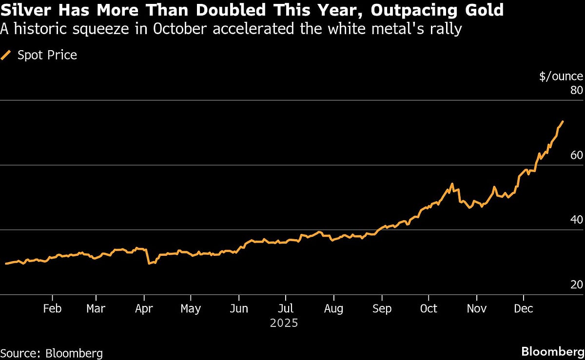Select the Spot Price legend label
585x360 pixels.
(47, 55)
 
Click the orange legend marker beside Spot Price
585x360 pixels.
(6, 55)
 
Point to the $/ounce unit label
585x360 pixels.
(561, 76)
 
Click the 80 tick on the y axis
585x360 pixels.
(576, 91)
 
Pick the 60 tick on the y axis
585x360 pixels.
(576, 155)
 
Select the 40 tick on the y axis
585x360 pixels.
(576, 220)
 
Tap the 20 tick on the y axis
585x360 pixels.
(576, 285)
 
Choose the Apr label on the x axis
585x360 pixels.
(144, 309)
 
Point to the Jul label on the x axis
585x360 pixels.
(286, 309)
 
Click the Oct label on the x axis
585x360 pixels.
(429, 309)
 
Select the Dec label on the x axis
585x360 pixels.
(524, 309)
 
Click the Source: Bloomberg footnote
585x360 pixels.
(51, 352)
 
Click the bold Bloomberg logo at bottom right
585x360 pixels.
(552, 352)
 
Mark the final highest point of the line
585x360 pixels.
(563, 121)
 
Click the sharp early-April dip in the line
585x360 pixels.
(149, 264)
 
